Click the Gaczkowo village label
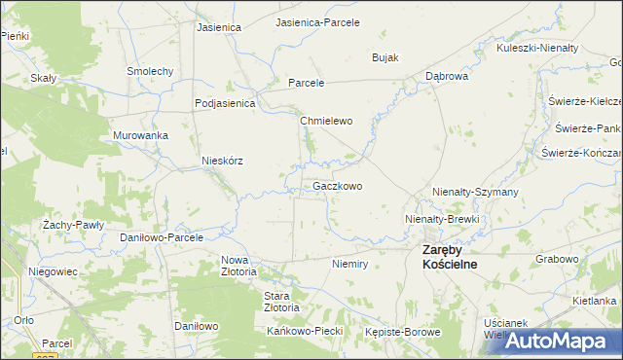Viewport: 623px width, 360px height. click(x=338, y=186)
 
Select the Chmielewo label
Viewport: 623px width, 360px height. click(x=325, y=122)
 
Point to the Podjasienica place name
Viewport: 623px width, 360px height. click(x=224, y=103)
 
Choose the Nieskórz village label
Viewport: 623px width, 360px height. click(x=221, y=161)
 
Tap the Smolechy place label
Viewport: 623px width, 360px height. click(x=150, y=71)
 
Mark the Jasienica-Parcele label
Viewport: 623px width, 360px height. click(x=318, y=21)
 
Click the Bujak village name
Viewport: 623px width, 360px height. click(x=385, y=57)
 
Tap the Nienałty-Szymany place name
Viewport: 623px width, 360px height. click(x=475, y=193)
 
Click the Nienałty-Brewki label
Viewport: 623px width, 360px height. click(x=443, y=220)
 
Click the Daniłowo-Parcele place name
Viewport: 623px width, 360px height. click(x=161, y=236)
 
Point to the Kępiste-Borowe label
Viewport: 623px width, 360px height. click(x=403, y=332)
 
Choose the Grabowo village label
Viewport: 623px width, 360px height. click(x=557, y=260)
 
